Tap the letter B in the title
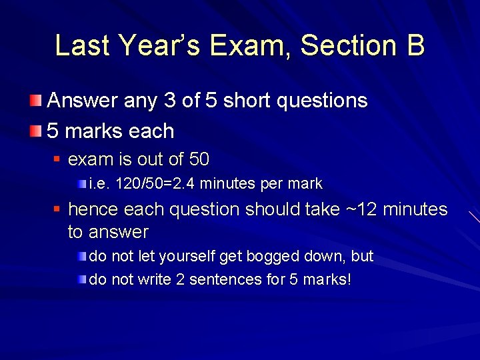413,45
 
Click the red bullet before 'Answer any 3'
35,101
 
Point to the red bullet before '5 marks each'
35,131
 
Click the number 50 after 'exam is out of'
199,160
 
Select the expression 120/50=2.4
155,183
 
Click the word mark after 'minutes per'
306,183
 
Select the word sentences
226,279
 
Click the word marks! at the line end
326,279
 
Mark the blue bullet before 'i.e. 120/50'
81,183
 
